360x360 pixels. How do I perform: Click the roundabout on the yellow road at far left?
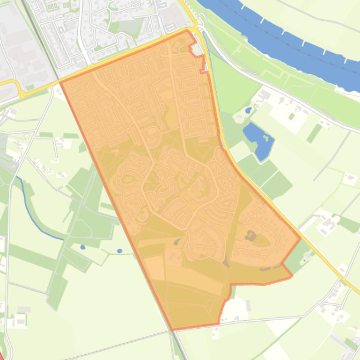click(x=22, y=94)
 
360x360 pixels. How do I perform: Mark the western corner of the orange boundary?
click(x=61, y=82)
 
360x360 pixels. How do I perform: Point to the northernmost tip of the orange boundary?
click(x=188, y=30)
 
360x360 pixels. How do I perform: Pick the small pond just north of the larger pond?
click(x=248, y=111)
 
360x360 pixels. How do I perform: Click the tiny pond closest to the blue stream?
click(x=83, y=247)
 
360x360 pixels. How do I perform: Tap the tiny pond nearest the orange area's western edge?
click(x=119, y=251)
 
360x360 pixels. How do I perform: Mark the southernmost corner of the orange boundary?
click(x=173, y=330)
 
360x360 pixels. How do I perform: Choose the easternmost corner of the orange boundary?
click(x=300, y=239)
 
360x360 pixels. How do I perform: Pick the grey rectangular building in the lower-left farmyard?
click(x=23, y=310)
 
